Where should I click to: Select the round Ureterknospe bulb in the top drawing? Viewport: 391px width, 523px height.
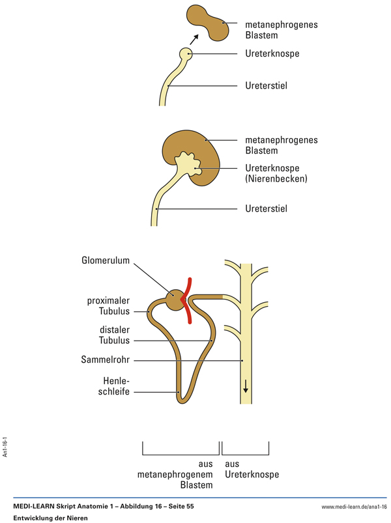click(187, 54)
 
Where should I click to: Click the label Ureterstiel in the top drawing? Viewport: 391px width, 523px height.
click(266, 85)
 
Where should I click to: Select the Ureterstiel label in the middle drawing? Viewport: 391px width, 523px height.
click(266, 209)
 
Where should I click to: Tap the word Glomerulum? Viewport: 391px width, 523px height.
click(105, 261)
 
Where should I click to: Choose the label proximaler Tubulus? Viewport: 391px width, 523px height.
click(108, 306)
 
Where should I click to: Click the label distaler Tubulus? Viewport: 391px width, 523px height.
click(114, 335)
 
